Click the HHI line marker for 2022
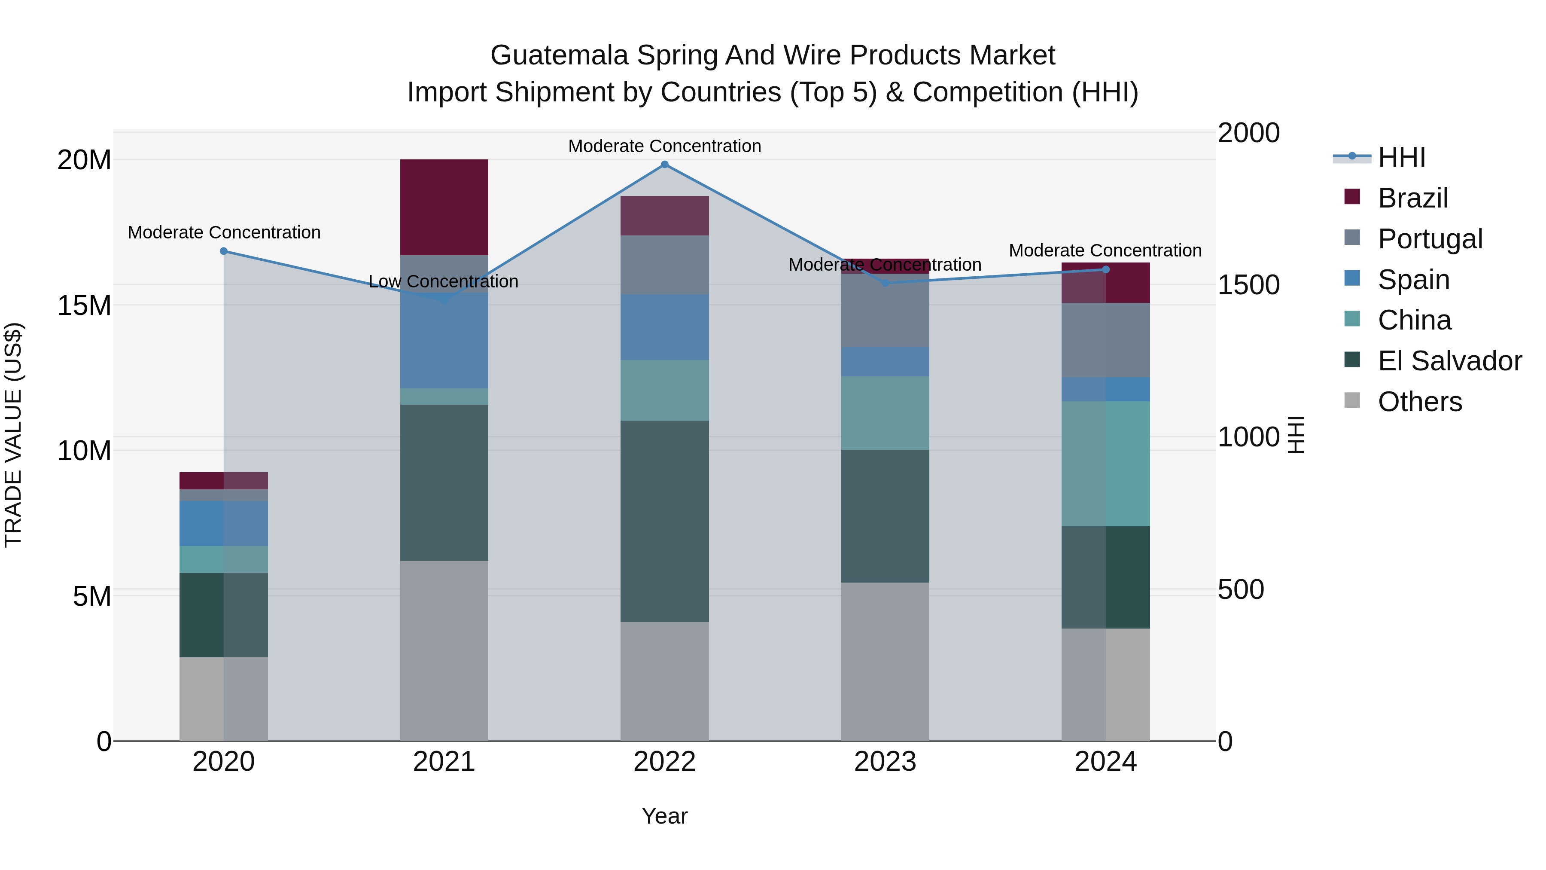[x=664, y=165]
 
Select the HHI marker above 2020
[x=224, y=251]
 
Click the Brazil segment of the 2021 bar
[x=444, y=207]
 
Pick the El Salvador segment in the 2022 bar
[x=664, y=521]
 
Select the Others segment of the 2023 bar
[x=885, y=662]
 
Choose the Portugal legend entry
[x=1430, y=239]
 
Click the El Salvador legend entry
[x=1449, y=361]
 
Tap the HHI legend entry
[x=1401, y=157]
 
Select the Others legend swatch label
[x=1419, y=402]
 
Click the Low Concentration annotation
[x=444, y=281]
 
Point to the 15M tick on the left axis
[x=84, y=305]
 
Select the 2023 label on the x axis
[x=885, y=762]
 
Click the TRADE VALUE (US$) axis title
[x=13, y=435]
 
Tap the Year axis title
[x=664, y=816]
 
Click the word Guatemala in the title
[x=559, y=55]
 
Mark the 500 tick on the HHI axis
[x=1241, y=589]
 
